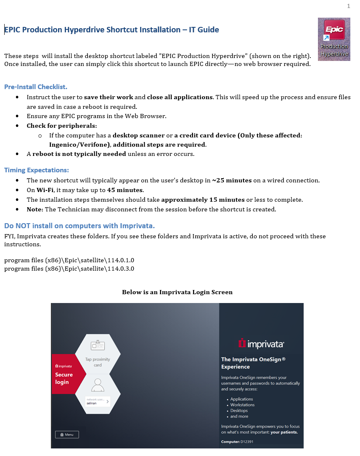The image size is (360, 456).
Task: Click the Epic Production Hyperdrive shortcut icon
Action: point(334,39)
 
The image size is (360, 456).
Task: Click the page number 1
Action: point(349,6)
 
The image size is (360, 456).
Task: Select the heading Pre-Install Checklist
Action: point(36,87)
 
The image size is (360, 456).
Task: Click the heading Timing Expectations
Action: point(37,170)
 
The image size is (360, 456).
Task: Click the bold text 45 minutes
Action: point(125,190)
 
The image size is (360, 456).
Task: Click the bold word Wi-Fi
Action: point(45,190)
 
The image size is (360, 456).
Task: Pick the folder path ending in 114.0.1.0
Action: point(69,260)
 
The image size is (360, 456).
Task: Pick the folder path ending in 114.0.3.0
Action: point(69,269)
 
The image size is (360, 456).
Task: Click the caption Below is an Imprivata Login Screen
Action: point(177,292)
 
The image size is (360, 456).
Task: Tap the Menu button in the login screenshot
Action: point(67,435)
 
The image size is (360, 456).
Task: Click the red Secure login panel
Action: point(65,374)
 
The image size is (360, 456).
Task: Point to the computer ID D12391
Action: point(248,442)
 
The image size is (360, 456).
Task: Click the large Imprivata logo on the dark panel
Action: point(261,344)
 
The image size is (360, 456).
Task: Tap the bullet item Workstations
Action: point(242,405)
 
